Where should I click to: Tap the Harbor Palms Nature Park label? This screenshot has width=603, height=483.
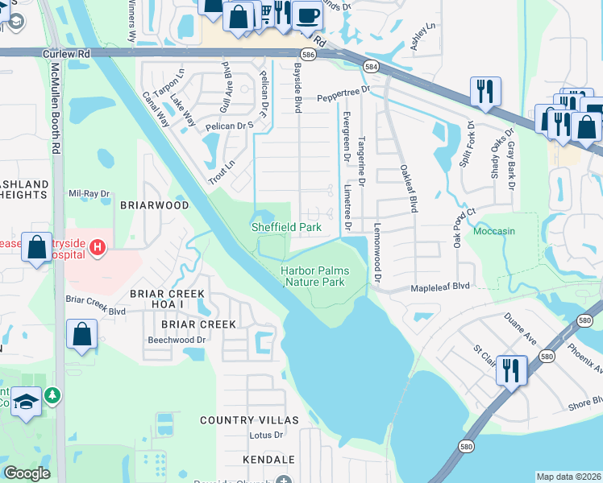click(x=314, y=276)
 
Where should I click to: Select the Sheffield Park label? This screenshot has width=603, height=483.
click(x=286, y=228)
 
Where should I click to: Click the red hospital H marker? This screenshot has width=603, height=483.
click(x=98, y=246)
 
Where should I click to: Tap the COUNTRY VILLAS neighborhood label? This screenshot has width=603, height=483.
click(x=249, y=420)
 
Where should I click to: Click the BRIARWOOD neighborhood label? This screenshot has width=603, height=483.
click(x=154, y=205)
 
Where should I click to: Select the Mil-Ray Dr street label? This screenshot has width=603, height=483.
click(x=89, y=194)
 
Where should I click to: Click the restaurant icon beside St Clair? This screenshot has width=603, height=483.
click(x=511, y=369)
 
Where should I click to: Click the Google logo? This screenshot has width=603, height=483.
click(x=27, y=473)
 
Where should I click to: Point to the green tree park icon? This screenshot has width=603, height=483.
click(x=52, y=395)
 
